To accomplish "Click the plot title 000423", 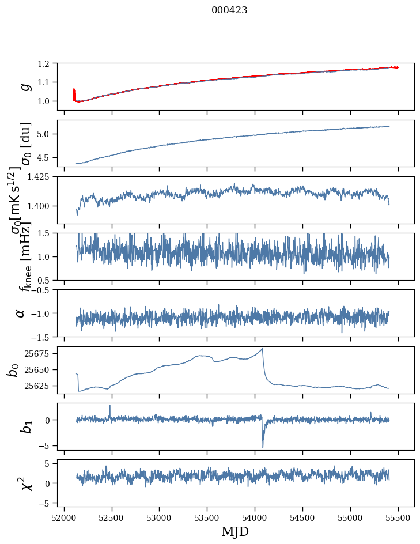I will click(229, 10).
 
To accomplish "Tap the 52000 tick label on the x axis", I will click(64, 515).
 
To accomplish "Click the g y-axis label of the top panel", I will click(24, 86).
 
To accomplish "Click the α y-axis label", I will click(21, 313).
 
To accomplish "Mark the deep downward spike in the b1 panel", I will click(263, 446).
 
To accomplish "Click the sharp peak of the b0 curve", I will click(262, 349).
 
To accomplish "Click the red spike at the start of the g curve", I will click(74, 92).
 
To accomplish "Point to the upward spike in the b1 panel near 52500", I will click(109, 406).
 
